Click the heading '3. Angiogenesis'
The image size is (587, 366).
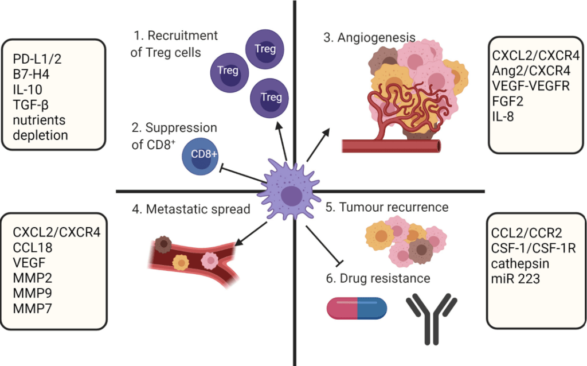pyautogui.click(x=369, y=38)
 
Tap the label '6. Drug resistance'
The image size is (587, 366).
pyautogui.click(x=377, y=279)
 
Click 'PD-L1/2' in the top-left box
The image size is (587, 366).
pyautogui.click(x=37, y=59)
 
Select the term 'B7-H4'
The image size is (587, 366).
pyautogui.click(x=32, y=75)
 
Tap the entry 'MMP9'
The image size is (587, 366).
pyautogui.click(x=33, y=294)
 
